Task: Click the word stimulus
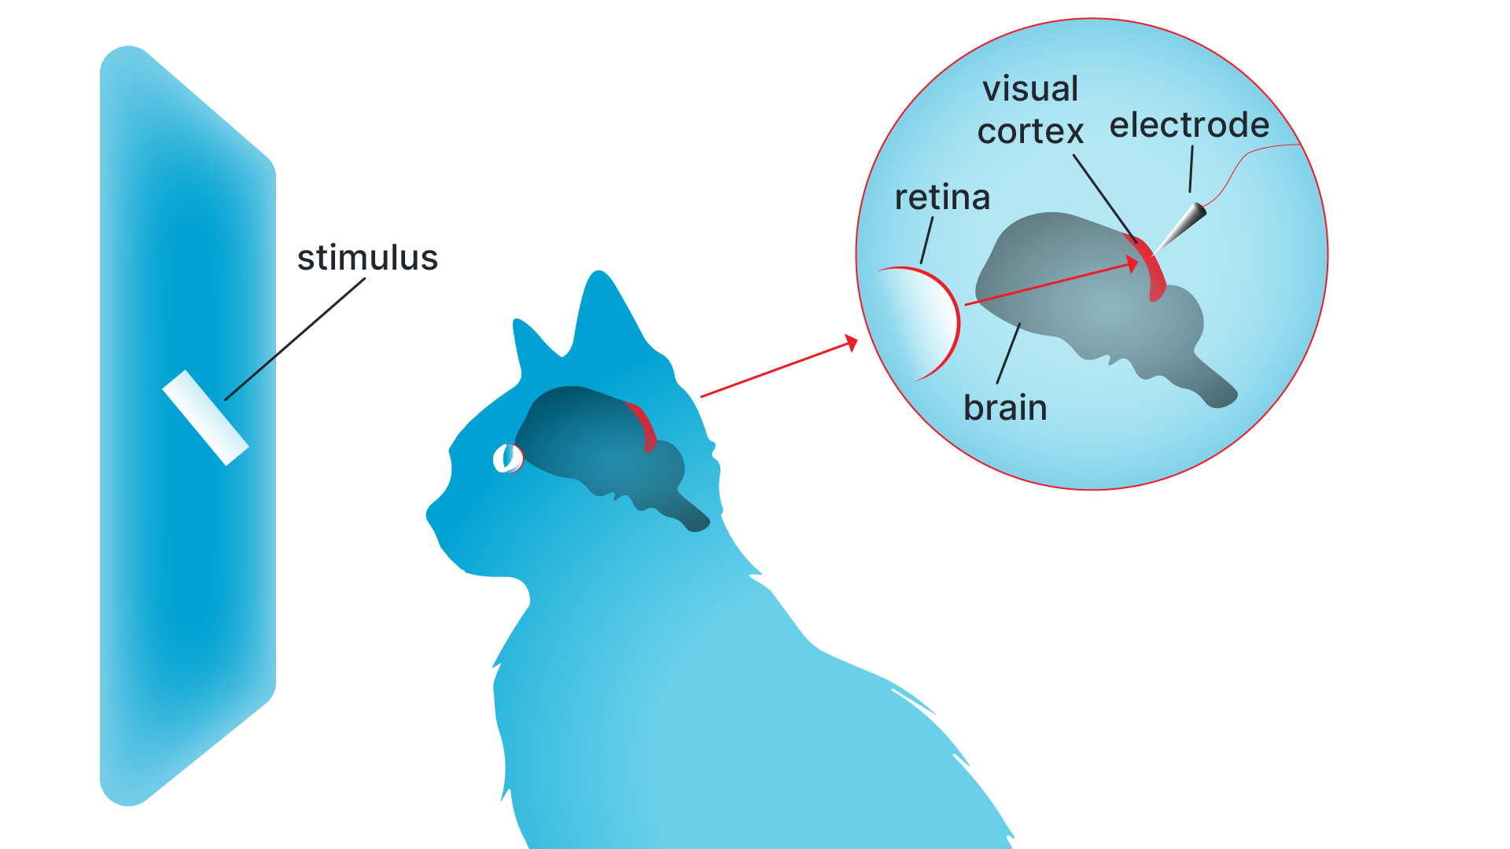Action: point(367,258)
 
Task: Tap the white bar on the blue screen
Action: point(206,417)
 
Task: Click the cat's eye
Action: point(507,458)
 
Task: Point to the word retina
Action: point(942,197)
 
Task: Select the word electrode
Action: point(1189,125)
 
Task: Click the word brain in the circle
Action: point(1005,408)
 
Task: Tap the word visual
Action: point(1030,89)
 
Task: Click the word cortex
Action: point(1030,131)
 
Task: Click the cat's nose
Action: point(430,515)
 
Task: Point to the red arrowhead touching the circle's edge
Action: point(851,343)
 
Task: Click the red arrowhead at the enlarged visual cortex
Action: point(1133,264)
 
